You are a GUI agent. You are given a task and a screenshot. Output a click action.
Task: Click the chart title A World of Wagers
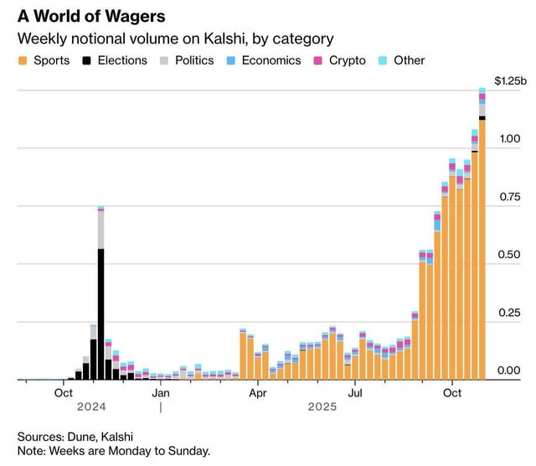(91, 16)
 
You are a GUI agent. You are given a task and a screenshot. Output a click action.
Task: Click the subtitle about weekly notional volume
(176, 39)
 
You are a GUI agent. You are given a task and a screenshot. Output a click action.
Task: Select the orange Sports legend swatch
(23, 60)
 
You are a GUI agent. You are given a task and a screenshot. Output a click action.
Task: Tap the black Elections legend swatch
(87, 60)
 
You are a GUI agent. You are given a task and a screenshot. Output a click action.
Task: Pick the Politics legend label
(194, 60)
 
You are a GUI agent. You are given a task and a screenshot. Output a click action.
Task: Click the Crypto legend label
(347, 60)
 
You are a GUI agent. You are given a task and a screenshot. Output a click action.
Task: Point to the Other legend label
(410, 60)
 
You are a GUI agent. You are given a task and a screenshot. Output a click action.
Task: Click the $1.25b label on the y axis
(510, 81)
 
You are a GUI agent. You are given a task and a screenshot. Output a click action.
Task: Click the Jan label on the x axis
(161, 392)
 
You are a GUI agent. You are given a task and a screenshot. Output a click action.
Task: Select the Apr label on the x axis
(258, 392)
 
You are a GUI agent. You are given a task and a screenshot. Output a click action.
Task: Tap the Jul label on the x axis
(355, 392)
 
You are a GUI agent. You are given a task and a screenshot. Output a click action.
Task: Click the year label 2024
(90, 407)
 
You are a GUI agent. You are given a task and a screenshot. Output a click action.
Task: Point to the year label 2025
(321, 407)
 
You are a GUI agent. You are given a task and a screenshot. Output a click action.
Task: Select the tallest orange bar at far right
(482, 251)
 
